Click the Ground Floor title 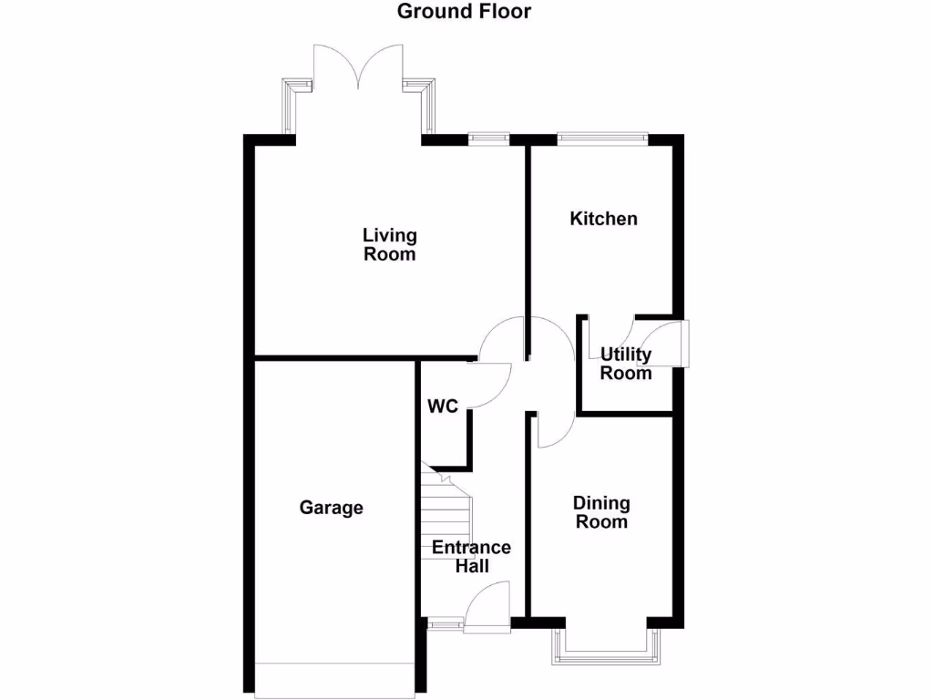[x=464, y=12]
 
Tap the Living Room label [x=390, y=245]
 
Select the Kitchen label [x=603, y=219]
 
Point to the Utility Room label [x=625, y=364]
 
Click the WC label [x=443, y=407]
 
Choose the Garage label [x=332, y=508]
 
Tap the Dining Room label [x=601, y=512]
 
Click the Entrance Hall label [x=471, y=557]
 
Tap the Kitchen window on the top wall [x=602, y=139]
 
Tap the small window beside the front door [x=446, y=624]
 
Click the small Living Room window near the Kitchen [x=488, y=139]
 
